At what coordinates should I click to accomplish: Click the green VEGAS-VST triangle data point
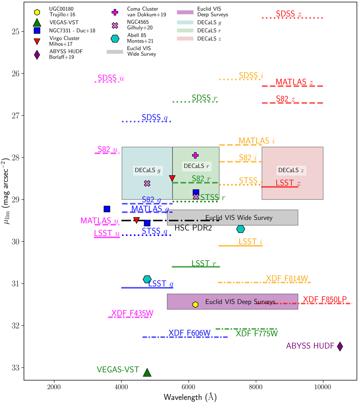click(x=147, y=372)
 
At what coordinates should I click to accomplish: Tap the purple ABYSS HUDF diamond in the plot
click(x=340, y=346)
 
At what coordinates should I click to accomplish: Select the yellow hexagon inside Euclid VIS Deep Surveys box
click(x=195, y=305)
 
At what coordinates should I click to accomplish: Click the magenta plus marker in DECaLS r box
click(x=195, y=155)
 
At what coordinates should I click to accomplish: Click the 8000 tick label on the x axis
click(x=256, y=387)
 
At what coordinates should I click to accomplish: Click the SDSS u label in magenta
click(x=111, y=78)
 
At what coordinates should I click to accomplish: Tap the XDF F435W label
click(x=132, y=313)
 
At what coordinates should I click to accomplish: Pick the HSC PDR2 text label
click(x=193, y=228)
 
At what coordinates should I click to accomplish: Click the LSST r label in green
click(x=204, y=264)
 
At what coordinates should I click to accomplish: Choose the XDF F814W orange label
click(x=287, y=279)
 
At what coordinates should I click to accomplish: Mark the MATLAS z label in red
click(x=294, y=82)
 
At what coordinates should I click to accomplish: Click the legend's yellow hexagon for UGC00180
click(x=37, y=12)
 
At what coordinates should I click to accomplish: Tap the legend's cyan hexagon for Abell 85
click(x=115, y=38)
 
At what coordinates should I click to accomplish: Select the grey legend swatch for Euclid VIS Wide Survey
click(x=115, y=52)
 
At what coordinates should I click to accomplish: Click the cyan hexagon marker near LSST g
click(x=147, y=279)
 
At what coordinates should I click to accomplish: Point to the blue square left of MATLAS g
click(x=107, y=209)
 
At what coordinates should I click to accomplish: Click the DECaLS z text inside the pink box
click(x=291, y=170)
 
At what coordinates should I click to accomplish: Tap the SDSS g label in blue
click(x=154, y=118)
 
